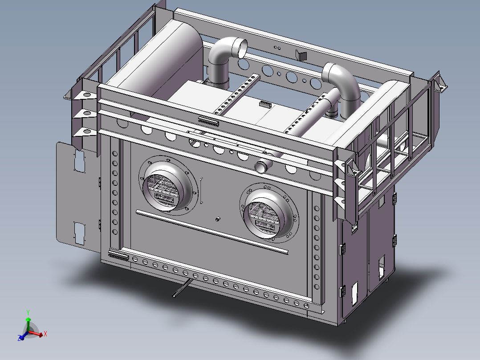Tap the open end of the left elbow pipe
pos(241,48)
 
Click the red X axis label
pos(45,333)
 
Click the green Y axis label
pos(28,312)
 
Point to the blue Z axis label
pos(20,339)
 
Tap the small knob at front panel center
pos(217,219)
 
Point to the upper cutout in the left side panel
pos(79,161)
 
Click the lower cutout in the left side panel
pos(80,233)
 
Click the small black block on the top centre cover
pos(265,104)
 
